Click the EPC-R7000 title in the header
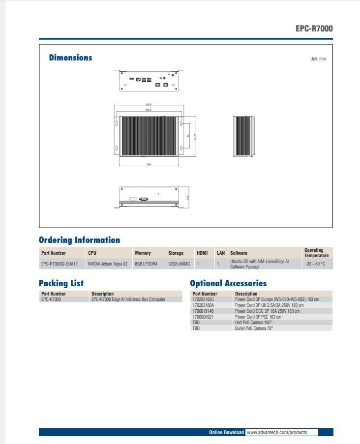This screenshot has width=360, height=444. click(x=314, y=29)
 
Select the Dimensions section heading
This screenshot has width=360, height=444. click(x=70, y=58)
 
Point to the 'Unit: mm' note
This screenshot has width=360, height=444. click(x=318, y=59)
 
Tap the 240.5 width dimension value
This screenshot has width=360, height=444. click(x=148, y=105)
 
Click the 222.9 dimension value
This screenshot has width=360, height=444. click(x=148, y=111)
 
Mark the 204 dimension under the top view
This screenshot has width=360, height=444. click(x=149, y=164)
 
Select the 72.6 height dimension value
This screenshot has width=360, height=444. click(x=187, y=197)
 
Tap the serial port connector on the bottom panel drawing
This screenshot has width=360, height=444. click(x=144, y=199)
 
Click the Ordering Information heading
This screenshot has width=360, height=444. click(x=79, y=240)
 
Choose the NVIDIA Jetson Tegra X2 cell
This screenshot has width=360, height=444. click(x=107, y=264)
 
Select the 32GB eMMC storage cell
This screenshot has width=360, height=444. click(x=179, y=264)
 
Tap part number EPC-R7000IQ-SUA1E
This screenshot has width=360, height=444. click(x=60, y=264)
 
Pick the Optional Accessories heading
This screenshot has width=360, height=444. click(x=228, y=283)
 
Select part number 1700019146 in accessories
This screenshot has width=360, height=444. click(x=203, y=311)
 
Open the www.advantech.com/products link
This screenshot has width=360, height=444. click(x=276, y=432)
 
